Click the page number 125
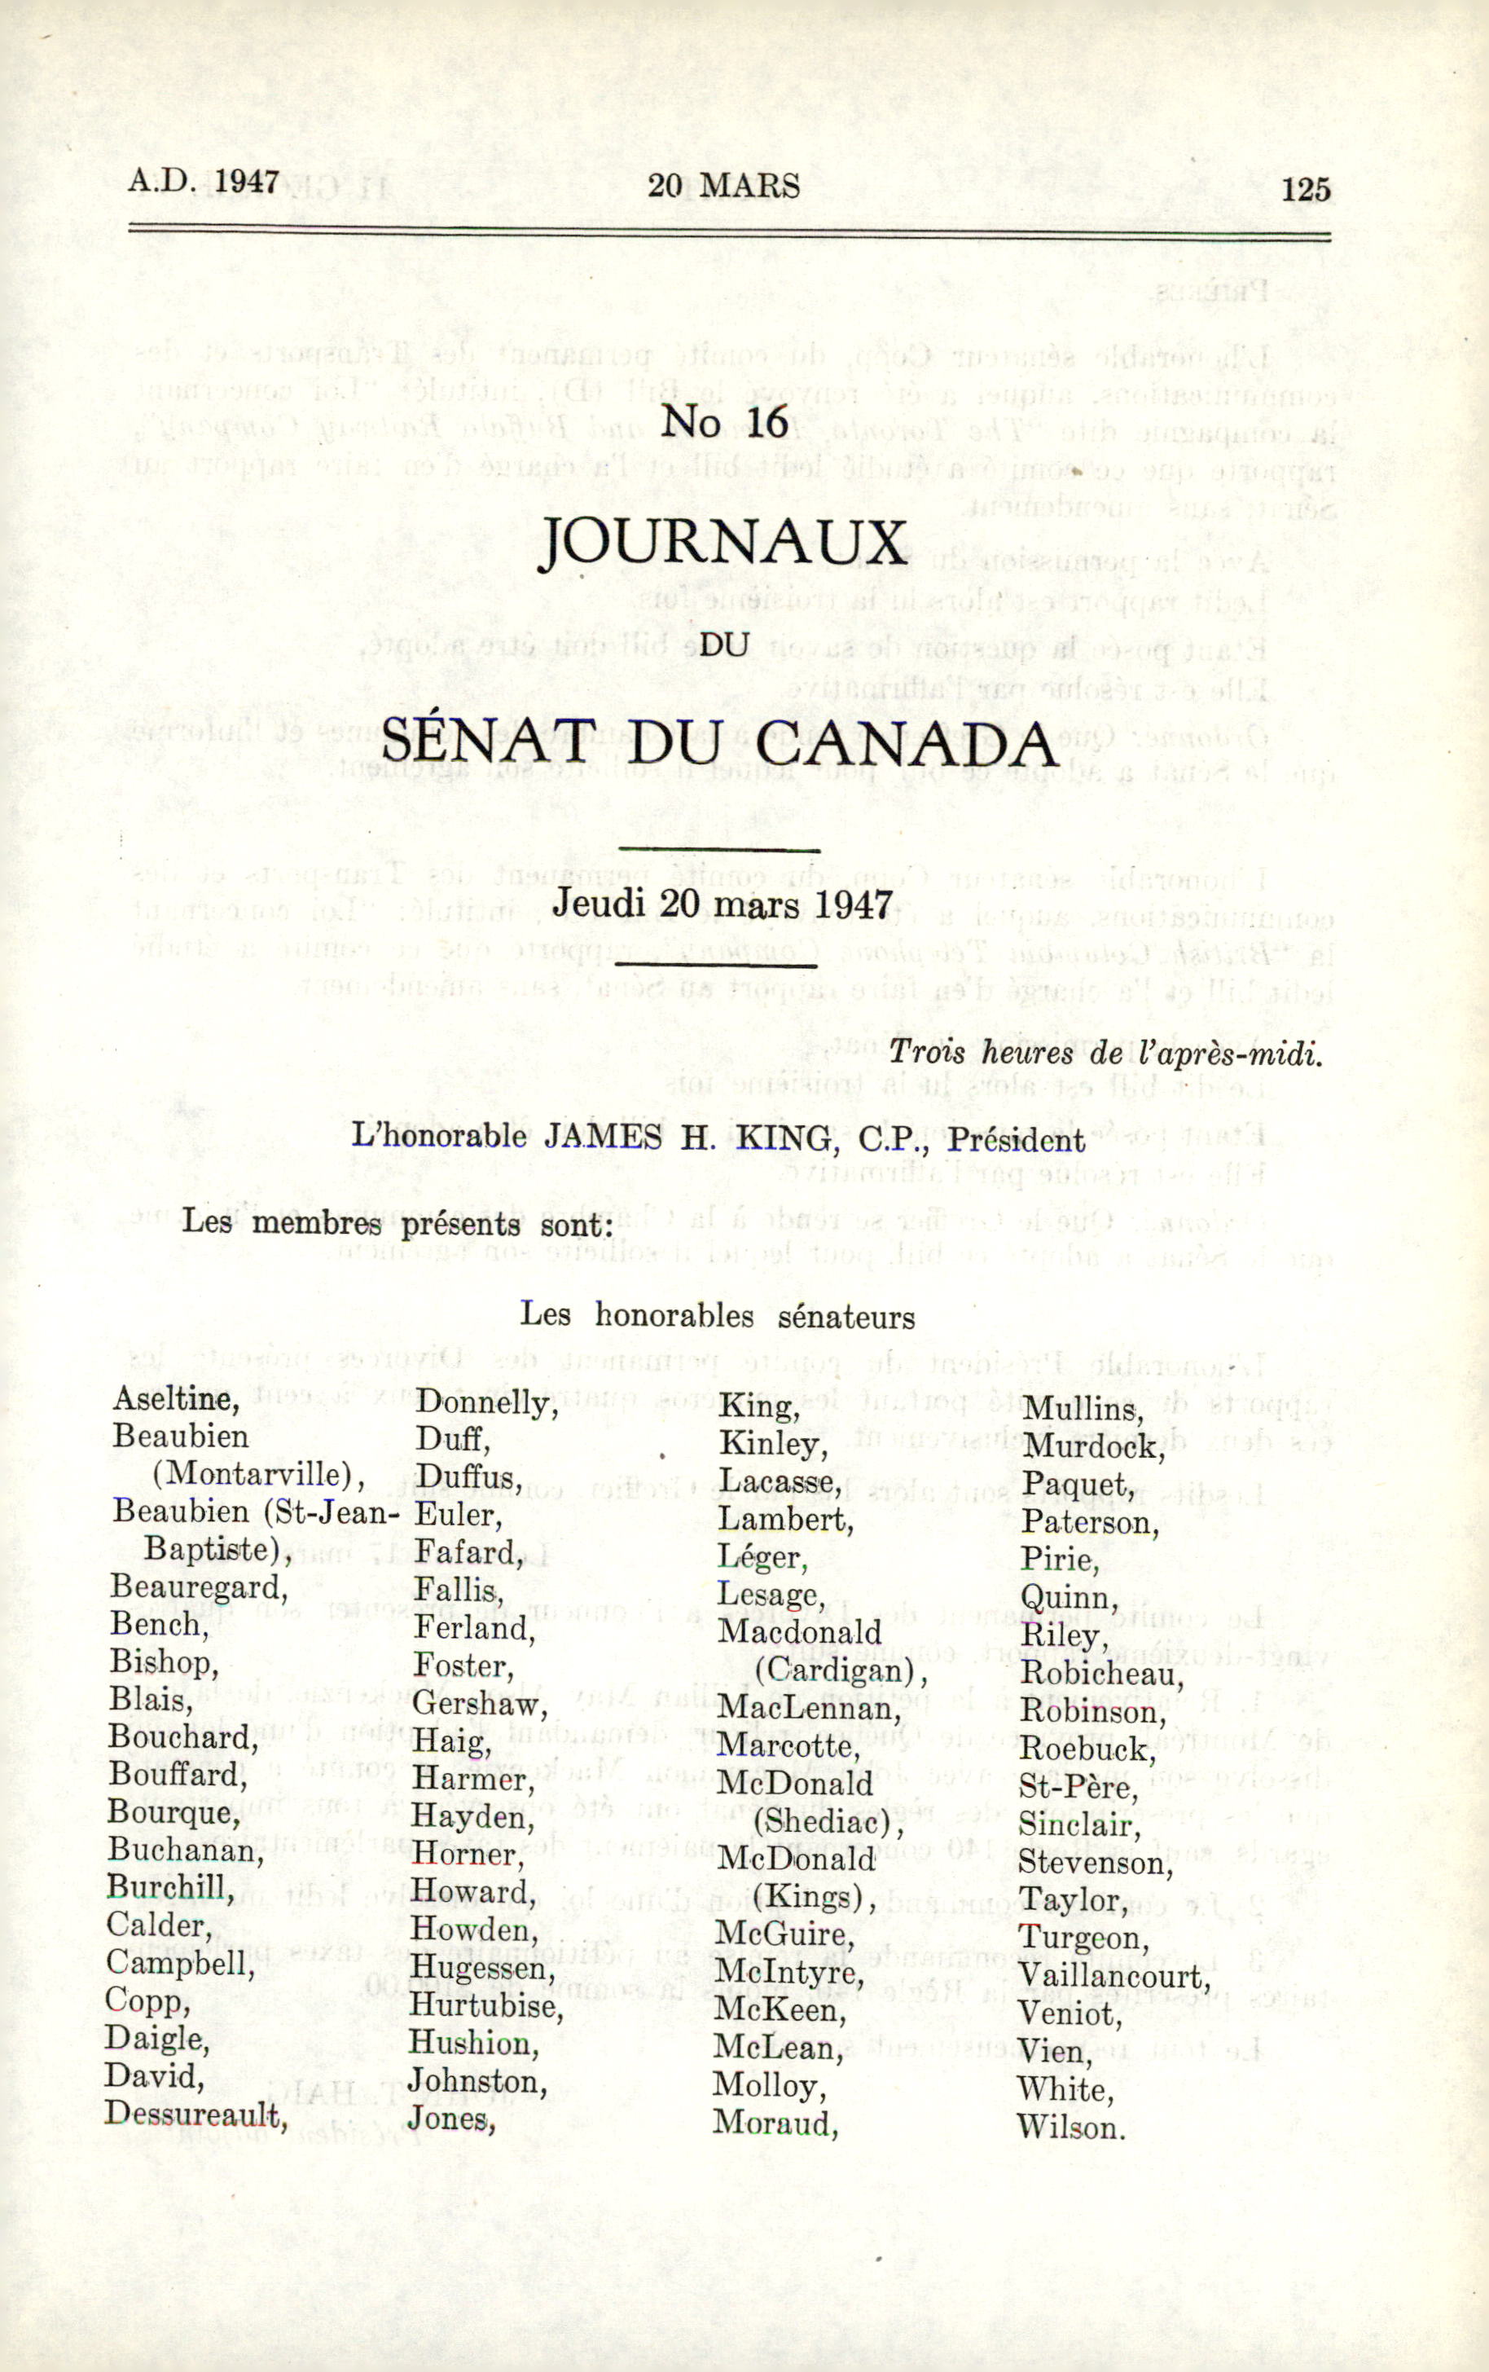(x=1305, y=189)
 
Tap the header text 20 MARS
(x=724, y=186)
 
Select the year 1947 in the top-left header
(x=247, y=183)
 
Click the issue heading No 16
(x=725, y=421)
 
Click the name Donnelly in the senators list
(x=486, y=1402)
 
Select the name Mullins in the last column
(x=1083, y=1410)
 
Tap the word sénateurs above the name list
(x=846, y=1317)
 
